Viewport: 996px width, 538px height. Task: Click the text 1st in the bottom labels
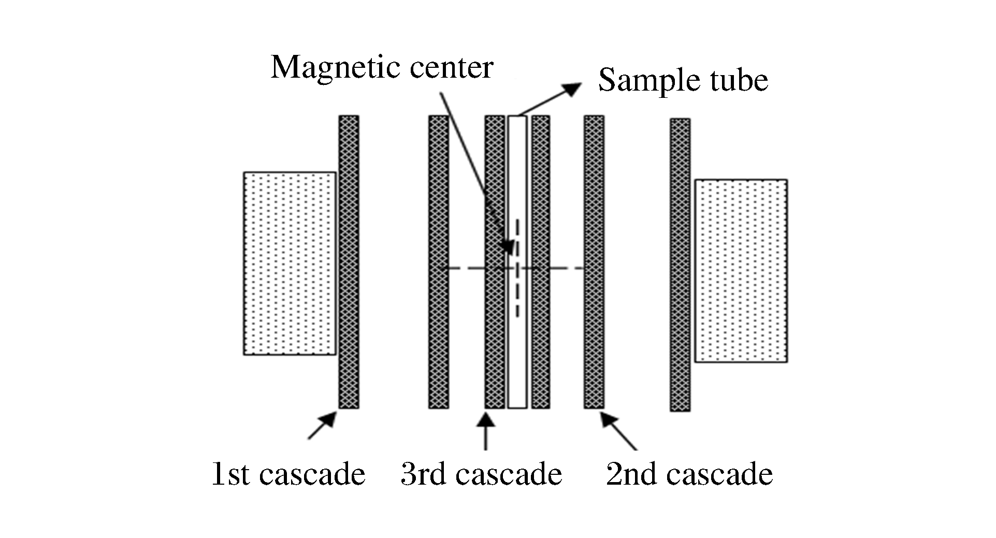pyautogui.click(x=232, y=474)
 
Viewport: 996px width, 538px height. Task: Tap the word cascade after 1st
pyautogui.click(x=312, y=474)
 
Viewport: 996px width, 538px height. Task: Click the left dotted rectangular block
pyautogui.click(x=290, y=263)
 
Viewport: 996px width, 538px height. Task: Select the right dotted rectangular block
pyautogui.click(x=741, y=270)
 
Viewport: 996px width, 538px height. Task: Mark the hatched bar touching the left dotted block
pyautogui.click(x=349, y=261)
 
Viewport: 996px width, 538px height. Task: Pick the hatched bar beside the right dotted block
pyautogui.click(x=680, y=265)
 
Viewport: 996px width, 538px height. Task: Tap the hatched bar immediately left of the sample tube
pyautogui.click(x=495, y=337)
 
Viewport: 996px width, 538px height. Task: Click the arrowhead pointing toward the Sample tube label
pyautogui.click(x=574, y=89)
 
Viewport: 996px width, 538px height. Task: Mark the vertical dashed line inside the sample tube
pyautogui.click(x=517, y=290)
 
